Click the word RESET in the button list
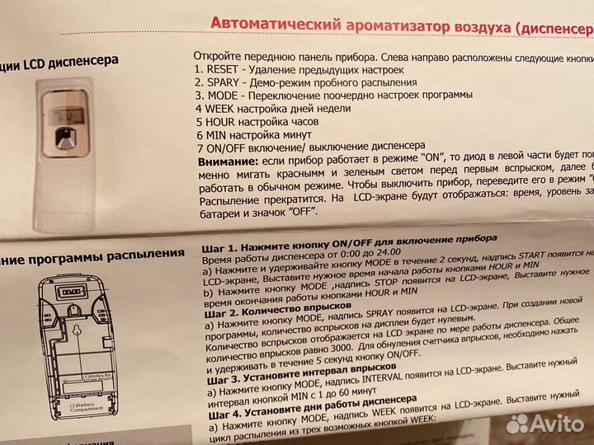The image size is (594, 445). [224, 70]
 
